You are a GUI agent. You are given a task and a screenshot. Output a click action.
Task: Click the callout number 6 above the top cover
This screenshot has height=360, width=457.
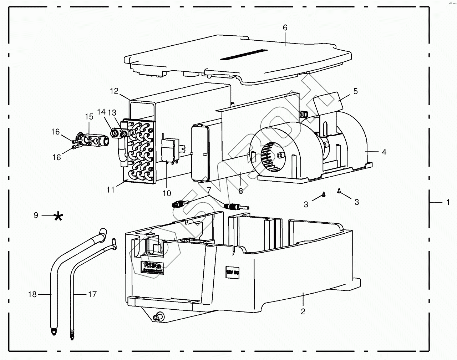pyautogui.click(x=285, y=27)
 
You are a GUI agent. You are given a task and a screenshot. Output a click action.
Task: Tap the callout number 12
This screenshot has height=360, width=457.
pyautogui.click(x=114, y=91)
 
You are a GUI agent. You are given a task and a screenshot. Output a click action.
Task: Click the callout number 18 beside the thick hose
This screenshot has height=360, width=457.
pyautogui.click(x=32, y=295)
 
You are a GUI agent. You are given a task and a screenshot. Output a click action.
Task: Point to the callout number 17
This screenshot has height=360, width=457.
pyautogui.click(x=92, y=295)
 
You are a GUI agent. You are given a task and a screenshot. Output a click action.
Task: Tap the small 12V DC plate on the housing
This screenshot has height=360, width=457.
pyautogui.click(x=231, y=271)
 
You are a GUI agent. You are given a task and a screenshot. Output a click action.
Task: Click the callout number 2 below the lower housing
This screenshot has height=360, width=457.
pyautogui.click(x=303, y=311)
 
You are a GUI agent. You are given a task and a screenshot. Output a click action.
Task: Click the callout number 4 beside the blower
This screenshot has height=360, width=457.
pyautogui.click(x=384, y=152)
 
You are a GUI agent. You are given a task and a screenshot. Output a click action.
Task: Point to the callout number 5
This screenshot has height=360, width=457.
pyautogui.click(x=355, y=91)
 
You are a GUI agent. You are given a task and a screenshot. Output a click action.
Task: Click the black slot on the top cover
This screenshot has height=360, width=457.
pyautogui.click(x=244, y=54)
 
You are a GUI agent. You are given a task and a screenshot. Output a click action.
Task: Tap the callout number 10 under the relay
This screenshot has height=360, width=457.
pyautogui.click(x=167, y=193)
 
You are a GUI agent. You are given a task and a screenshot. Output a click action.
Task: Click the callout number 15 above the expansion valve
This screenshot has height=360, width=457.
pyautogui.click(x=89, y=117)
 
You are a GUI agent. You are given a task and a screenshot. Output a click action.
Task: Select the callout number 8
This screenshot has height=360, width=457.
pyautogui.click(x=241, y=191)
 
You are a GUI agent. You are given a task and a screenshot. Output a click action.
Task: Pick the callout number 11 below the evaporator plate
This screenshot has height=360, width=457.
pyautogui.click(x=111, y=190)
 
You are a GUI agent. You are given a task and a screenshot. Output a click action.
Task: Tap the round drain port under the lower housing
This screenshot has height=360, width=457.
pyautogui.click(x=158, y=316)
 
